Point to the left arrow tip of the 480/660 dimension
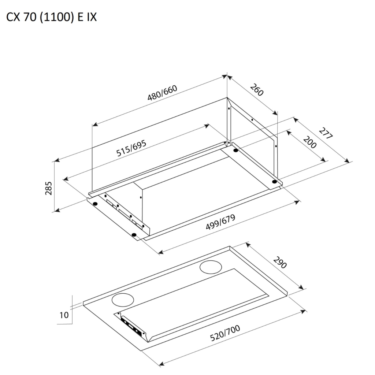93,125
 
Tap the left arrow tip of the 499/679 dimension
159,253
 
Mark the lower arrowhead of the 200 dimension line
326,161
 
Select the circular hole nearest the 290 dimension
211,267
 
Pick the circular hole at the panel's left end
123,300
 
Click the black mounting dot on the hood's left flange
95,204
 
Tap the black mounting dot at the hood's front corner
134,235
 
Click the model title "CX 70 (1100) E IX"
51,17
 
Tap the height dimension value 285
49,189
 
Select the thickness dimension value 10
64,315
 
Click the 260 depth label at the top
257,90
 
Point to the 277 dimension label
326,133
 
